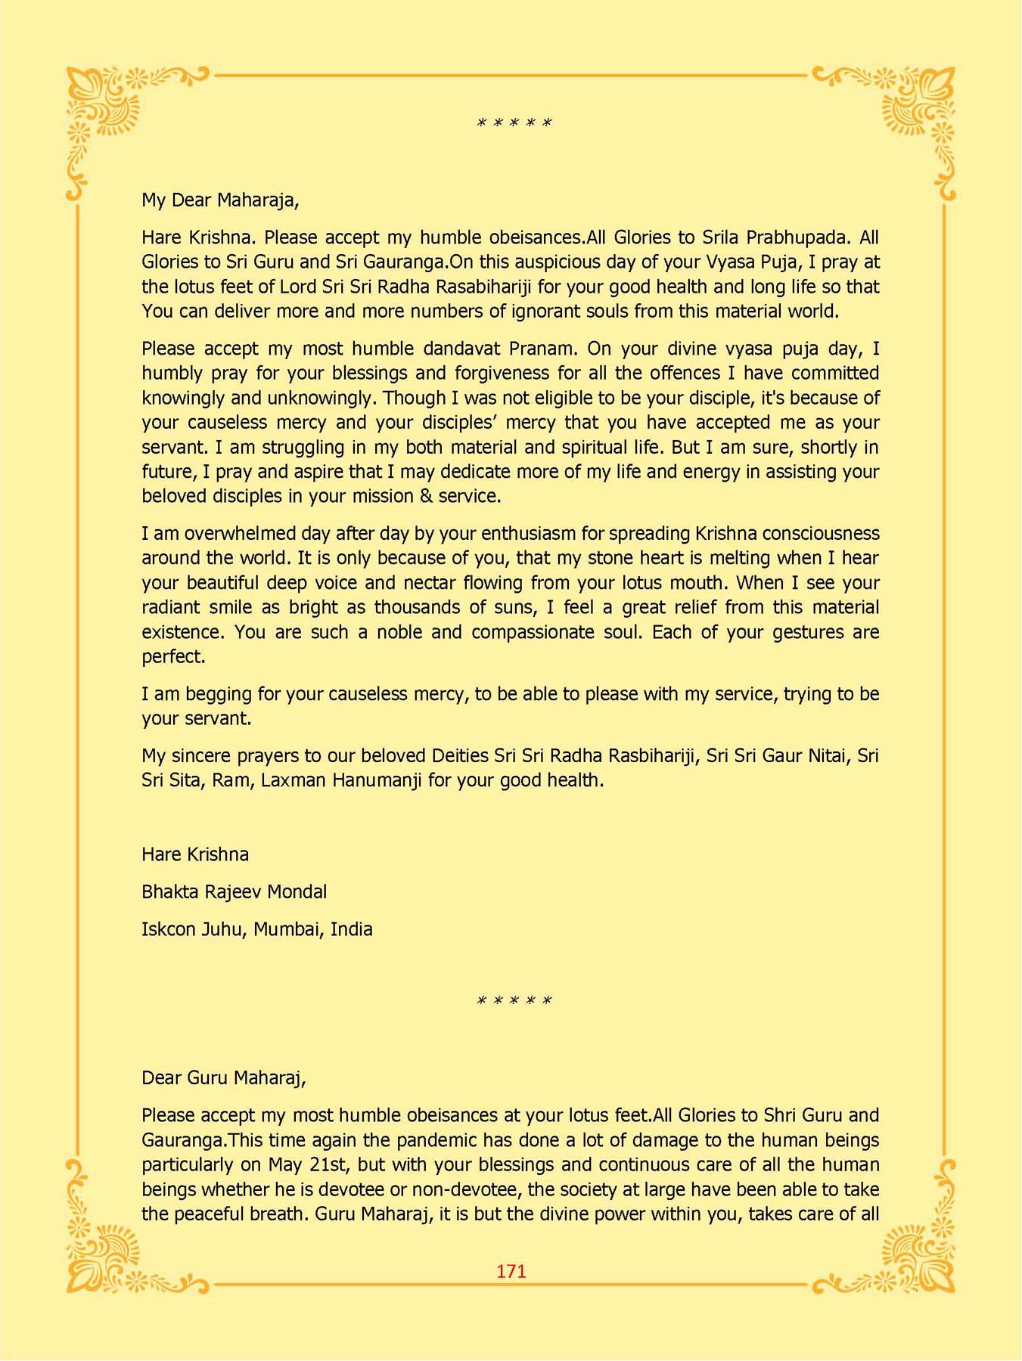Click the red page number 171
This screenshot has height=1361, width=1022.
pos(511,1271)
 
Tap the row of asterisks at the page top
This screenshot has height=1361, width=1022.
pos(514,122)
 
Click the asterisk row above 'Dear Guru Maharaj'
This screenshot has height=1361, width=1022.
pos(514,1000)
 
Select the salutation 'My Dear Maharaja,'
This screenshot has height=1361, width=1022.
pos(220,200)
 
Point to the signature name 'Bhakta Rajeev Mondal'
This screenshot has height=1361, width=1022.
pos(234,891)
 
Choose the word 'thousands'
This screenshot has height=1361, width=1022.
pos(418,607)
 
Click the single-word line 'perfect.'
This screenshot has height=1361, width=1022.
pos(173,656)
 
